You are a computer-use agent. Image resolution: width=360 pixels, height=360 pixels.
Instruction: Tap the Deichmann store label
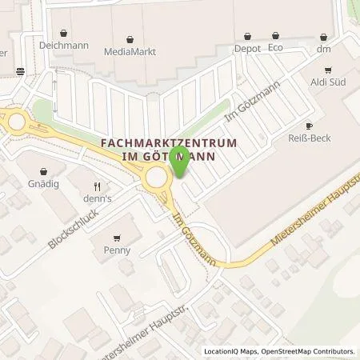click(x=56, y=46)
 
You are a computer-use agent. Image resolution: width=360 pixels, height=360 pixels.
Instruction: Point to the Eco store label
click(x=275, y=47)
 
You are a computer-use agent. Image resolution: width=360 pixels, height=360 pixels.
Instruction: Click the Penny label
click(x=118, y=250)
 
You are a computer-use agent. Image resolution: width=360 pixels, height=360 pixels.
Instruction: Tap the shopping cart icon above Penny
click(x=118, y=238)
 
